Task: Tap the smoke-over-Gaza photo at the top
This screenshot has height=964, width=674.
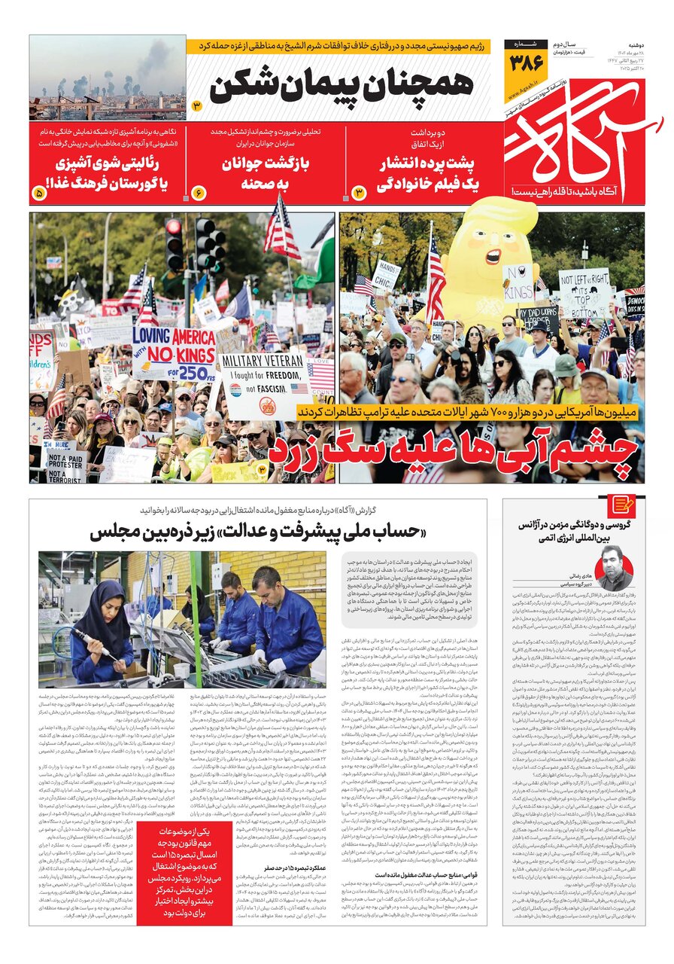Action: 107,77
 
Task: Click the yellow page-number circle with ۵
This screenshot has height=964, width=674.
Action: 39,194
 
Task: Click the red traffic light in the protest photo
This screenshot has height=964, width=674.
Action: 174,227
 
